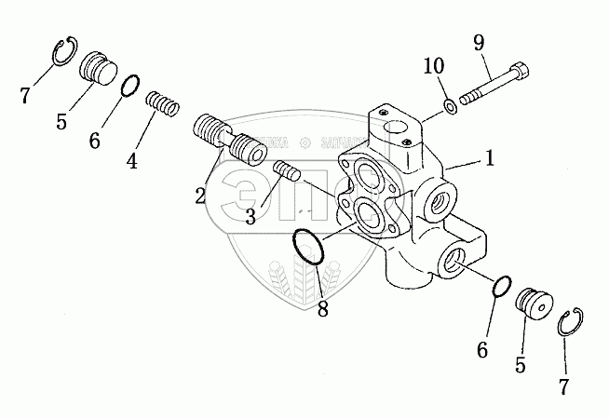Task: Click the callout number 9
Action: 479,42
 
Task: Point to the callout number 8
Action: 323,309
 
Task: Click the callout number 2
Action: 200,195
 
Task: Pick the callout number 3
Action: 250,217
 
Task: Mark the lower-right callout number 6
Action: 482,349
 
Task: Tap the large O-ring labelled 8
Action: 307,249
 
